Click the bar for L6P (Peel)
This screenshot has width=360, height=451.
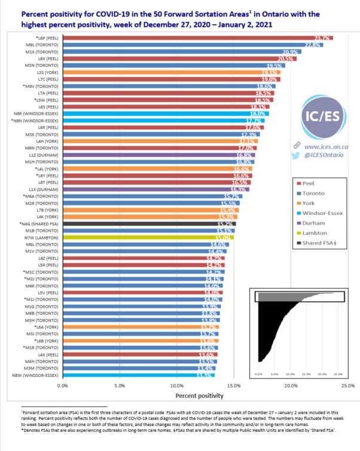tap(197, 38)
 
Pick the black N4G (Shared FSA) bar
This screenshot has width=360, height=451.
tap(149, 223)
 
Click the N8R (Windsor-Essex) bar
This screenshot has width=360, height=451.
tap(165, 113)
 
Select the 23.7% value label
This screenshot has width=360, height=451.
tap(323, 38)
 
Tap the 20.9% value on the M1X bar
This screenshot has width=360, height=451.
tap(291, 52)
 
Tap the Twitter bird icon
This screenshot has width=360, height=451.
tap(295, 156)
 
